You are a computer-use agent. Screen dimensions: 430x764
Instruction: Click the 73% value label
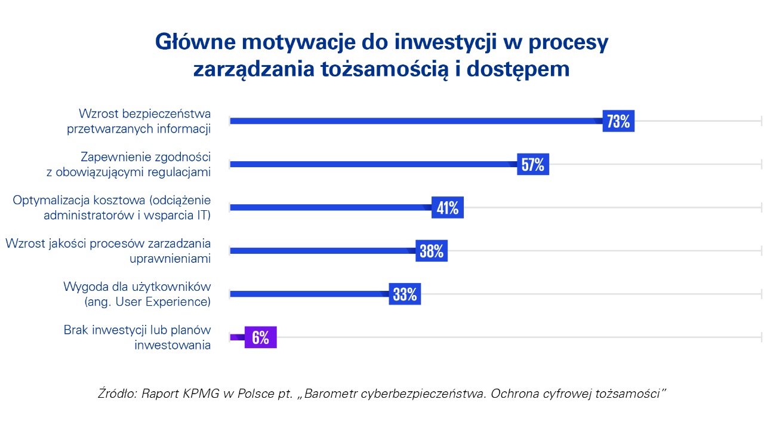tap(618, 121)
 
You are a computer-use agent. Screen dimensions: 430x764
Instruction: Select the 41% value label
tap(447, 208)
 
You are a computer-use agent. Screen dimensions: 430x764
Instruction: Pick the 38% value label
tap(431, 251)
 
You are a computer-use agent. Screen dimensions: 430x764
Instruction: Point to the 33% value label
tap(405, 294)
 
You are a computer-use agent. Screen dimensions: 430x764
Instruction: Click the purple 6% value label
tap(260, 337)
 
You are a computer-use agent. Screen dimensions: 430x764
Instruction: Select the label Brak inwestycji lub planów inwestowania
tap(137, 337)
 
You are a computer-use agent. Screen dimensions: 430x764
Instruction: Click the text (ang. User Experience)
tap(147, 302)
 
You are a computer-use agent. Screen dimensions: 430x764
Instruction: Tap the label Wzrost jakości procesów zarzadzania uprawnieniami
tap(108, 251)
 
